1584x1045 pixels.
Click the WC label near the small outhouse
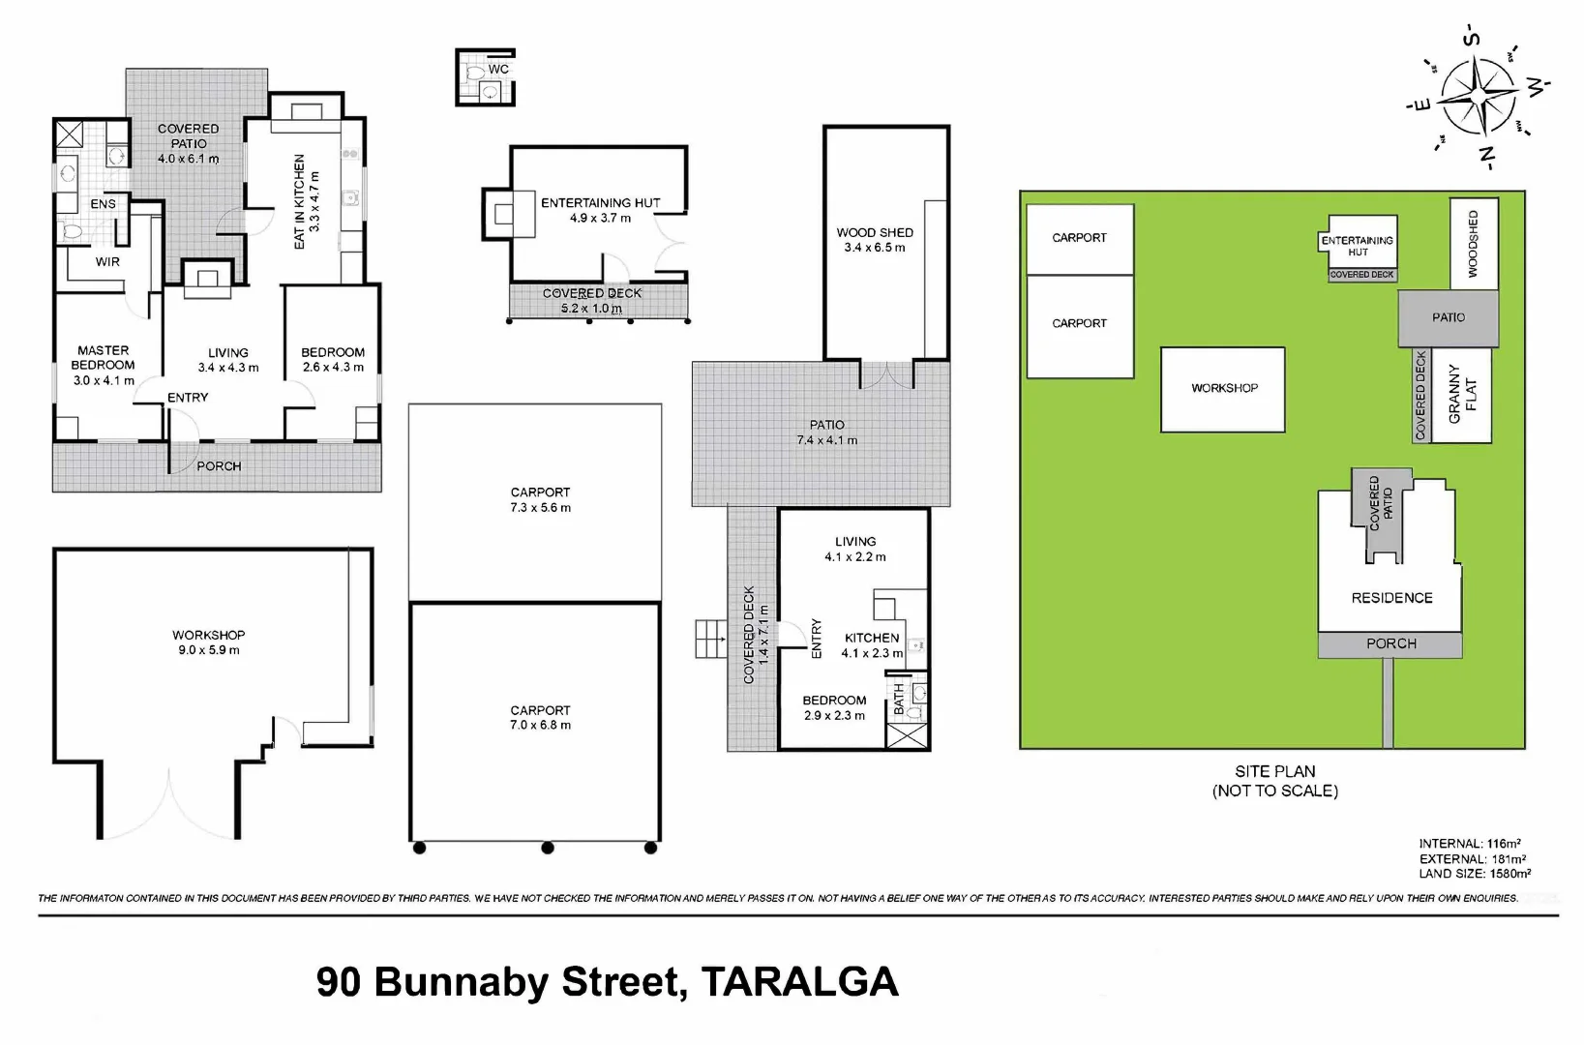498,70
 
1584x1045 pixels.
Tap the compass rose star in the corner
1478,97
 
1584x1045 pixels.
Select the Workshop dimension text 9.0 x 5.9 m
209,650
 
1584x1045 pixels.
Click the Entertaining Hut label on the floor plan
600,203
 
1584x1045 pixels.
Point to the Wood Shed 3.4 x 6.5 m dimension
875,248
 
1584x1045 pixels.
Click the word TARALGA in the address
799,982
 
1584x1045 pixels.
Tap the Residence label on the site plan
1391,598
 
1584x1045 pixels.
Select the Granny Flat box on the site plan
1461,395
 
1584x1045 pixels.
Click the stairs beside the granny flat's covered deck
710,639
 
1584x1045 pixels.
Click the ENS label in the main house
103,204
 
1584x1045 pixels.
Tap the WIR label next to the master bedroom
107,262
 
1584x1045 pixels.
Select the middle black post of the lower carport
548,848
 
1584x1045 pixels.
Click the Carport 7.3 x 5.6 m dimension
540,508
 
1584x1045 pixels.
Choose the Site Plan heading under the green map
1274,771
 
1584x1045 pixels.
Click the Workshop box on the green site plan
1223,389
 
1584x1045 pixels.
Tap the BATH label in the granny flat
899,699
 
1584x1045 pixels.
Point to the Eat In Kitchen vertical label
300,201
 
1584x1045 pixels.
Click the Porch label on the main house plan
219,466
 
